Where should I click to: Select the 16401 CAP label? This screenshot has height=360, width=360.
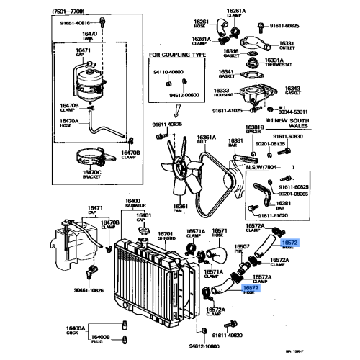(x=145, y=217)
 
